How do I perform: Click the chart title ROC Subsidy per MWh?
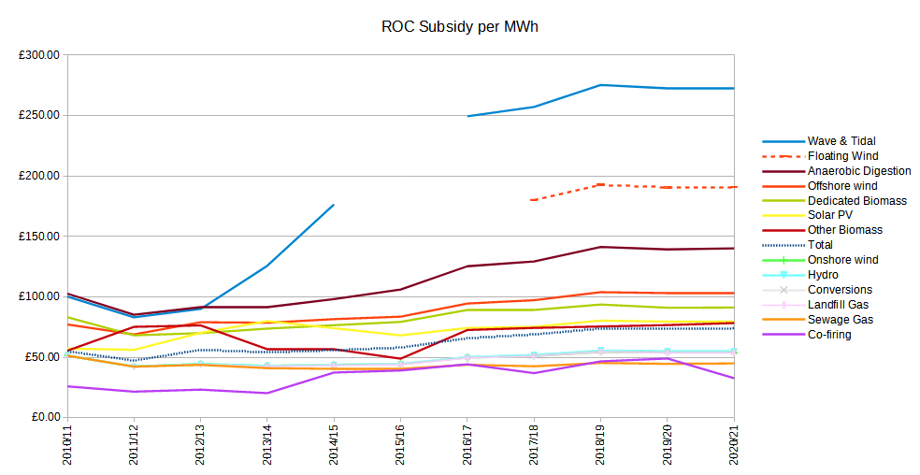[x=460, y=26]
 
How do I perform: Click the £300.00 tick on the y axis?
[x=38, y=56]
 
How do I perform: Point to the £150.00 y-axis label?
[x=38, y=237]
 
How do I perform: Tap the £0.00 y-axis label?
[x=42, y=417]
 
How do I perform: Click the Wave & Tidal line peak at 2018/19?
[x=600, y=85]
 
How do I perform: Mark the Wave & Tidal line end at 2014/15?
[x=334, y=205]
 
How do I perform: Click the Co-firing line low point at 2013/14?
[x=267, y=393]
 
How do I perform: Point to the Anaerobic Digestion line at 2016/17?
[x=467, y=266]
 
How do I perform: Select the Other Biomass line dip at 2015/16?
[x=400, y=358]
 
